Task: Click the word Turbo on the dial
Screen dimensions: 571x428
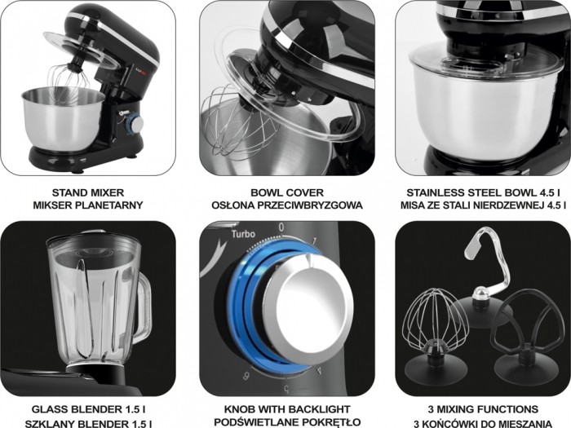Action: (x=244, y=234)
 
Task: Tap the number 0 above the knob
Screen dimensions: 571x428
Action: (x=281, y=227)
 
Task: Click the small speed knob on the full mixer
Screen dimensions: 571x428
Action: (x=135, y=125)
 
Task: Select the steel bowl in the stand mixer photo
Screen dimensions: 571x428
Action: (x=63, y=119)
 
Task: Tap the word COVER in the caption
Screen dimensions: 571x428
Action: (x=305, y=192)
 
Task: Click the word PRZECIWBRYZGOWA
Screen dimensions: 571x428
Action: (x=310, y=205)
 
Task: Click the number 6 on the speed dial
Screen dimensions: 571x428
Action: (x=246, y=376)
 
